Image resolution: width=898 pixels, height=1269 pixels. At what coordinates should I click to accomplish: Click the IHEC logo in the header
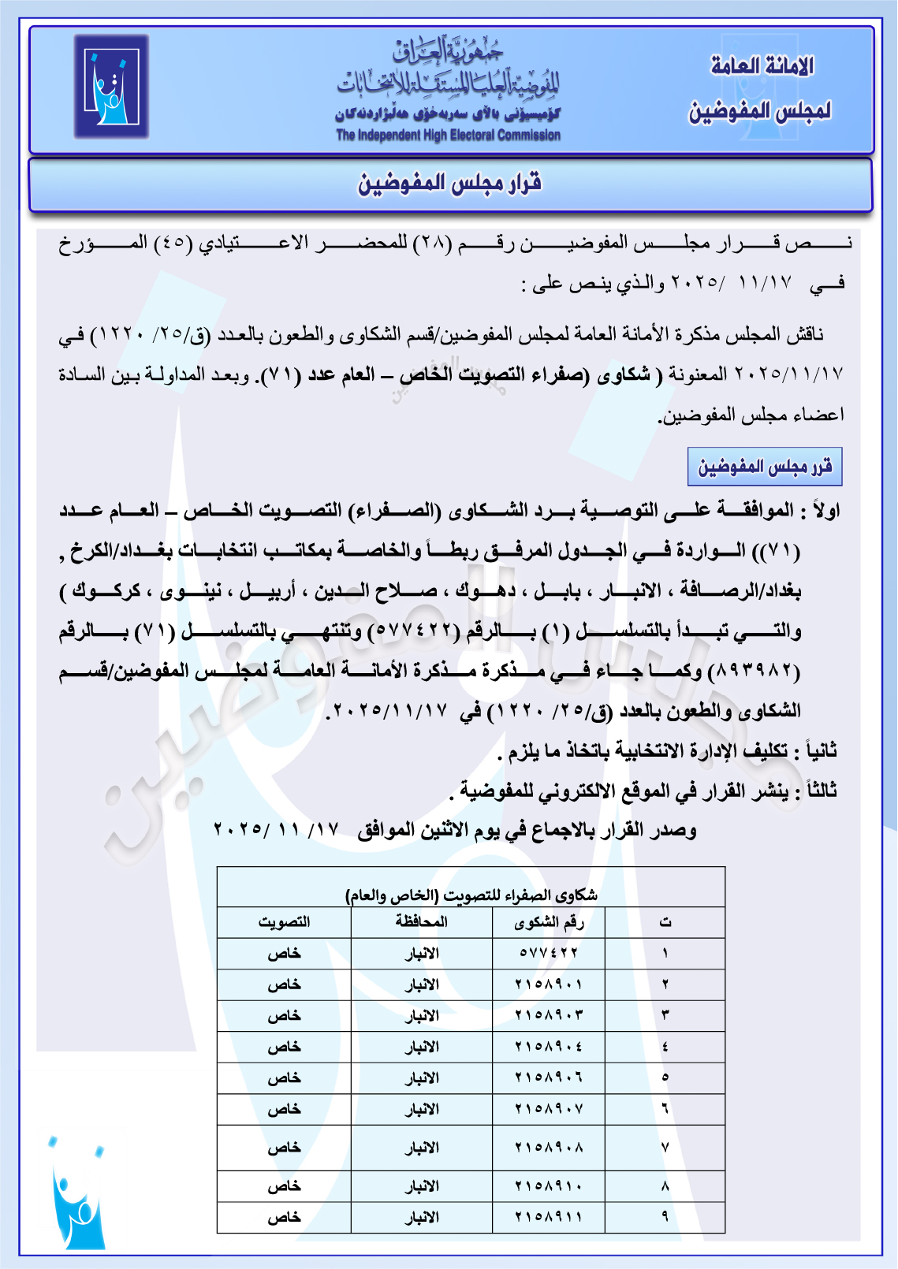click(x=111, y=87)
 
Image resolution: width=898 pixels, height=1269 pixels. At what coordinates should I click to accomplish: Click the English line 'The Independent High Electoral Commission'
click(x=448, y=135)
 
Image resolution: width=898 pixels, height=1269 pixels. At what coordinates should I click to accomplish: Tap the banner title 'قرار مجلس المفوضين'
click(x=450, y=184)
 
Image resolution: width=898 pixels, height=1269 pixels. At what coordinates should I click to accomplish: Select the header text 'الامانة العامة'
click(x=762, y=66)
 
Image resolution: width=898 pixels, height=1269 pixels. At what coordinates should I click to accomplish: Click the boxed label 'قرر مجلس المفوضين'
click(x=765, y=467)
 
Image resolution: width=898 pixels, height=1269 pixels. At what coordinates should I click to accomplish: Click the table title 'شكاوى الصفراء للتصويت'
click(x=471, y=895)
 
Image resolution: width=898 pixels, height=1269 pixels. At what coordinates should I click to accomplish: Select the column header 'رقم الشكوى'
click(x=549, y=922)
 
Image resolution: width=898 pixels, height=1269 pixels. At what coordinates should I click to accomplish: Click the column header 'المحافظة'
click(x=421, y=922)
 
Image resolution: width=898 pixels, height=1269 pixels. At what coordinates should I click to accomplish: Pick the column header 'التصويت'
click(x=284, y=922)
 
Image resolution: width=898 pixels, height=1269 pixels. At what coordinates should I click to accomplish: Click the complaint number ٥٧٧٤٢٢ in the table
click(x=549, y=953)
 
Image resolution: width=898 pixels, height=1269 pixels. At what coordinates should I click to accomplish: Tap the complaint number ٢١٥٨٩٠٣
click(x=549, y=1015)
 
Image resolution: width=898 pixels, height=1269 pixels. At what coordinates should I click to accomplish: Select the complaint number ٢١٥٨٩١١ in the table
click(x=549, y=1217)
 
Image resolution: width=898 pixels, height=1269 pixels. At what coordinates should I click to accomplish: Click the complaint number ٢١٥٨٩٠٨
click(x=549, y=1148)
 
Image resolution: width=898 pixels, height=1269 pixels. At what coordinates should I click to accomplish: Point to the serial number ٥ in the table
click(x=665, y=1077)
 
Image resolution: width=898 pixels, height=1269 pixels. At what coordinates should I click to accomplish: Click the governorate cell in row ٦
click(x=421, y=1109)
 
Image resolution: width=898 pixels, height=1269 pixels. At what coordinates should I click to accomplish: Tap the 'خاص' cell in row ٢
click(x=284, y=984)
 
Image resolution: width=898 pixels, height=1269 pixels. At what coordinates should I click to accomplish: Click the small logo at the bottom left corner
click(x=77, y=1193)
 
